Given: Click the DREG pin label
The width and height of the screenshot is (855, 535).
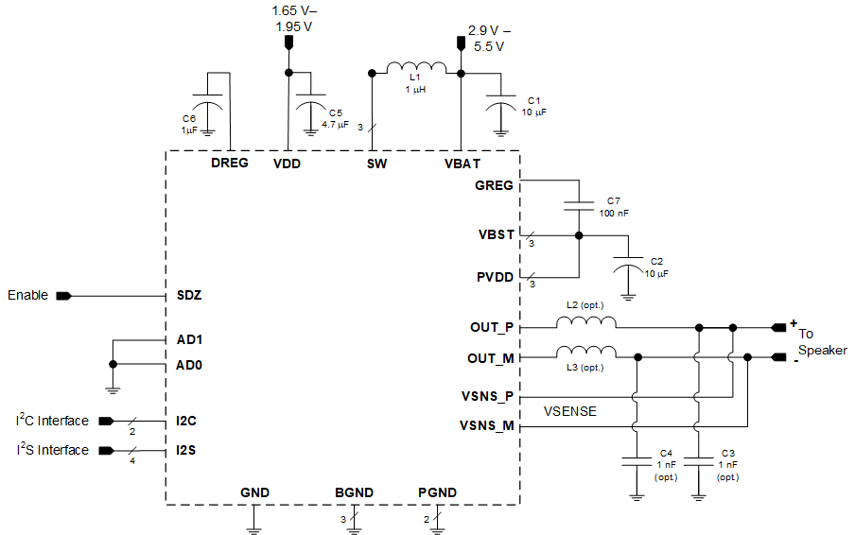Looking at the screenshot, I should (x=230, y=164).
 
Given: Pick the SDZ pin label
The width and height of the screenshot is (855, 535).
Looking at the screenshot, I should (x=189, y=295).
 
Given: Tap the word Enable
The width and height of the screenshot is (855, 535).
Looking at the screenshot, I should (x=27, y=295).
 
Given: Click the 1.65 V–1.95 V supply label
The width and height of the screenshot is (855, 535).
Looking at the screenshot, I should (x=292, y=18).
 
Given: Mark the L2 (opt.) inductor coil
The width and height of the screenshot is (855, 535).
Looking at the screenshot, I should (x=585, y=323).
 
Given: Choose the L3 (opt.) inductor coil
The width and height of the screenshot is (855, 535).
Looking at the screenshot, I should (x=585, y=353).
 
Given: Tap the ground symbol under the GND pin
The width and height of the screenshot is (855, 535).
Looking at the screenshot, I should (x=253, y=529).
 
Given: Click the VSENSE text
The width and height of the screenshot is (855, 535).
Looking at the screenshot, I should (x=570, y=412).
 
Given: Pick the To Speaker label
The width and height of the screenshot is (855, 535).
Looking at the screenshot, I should (x=822, y=342).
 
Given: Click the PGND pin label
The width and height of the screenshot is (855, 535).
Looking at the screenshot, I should (x=437, y=492).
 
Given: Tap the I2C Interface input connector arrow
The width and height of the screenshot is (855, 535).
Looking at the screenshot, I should (x=106, y=422).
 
